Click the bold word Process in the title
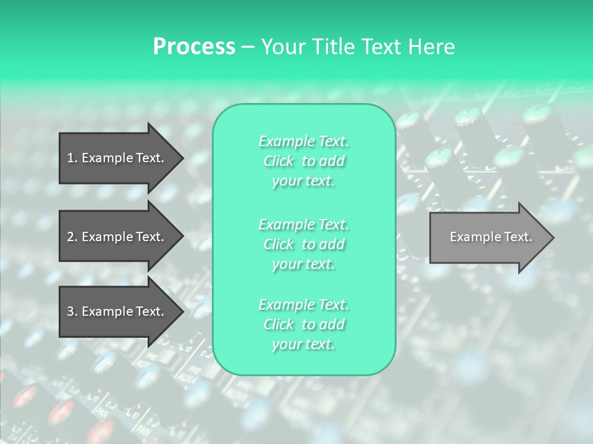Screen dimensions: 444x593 194,47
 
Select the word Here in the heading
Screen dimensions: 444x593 432,47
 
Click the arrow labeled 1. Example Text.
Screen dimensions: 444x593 117,158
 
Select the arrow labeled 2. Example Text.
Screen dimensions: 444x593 117,237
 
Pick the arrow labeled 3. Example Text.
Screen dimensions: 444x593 117,311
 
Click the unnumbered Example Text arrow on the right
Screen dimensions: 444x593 488,237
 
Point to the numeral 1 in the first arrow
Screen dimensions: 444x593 70,158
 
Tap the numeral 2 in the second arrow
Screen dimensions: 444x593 70,237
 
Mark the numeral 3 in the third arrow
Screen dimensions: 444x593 70,311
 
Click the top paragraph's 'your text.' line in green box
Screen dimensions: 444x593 303,181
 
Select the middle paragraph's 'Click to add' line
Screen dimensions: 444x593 303,244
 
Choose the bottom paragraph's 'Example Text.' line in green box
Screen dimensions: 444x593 303,305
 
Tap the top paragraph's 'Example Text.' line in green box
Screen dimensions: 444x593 303,141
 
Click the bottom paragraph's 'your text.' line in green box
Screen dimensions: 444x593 303,345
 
